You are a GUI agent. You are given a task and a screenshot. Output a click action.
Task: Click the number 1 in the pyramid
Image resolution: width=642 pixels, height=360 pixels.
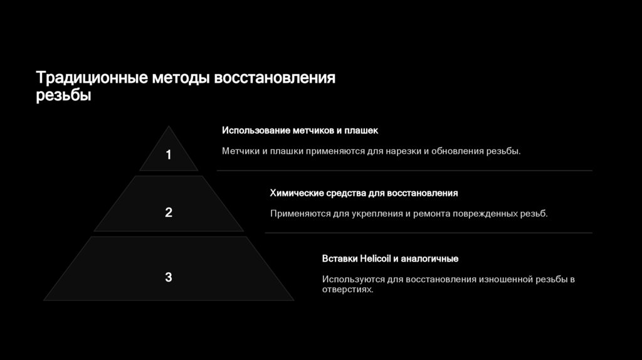point(168,154)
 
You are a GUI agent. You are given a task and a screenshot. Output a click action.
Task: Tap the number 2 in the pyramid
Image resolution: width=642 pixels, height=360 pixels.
point(168,213)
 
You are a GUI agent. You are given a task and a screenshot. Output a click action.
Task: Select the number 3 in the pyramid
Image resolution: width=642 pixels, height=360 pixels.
point(168,277)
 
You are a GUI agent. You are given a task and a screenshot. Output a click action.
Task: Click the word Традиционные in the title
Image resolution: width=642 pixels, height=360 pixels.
point(92,79)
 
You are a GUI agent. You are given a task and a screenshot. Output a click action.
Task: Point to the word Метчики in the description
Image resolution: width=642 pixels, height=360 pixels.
point(240,151)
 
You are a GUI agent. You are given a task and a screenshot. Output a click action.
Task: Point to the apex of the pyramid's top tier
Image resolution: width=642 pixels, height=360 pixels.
point(168,127)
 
